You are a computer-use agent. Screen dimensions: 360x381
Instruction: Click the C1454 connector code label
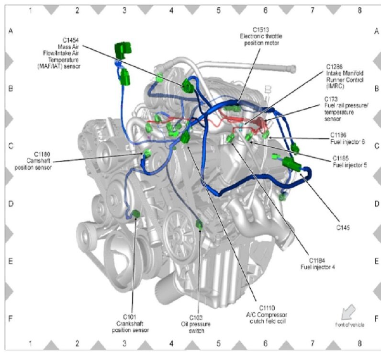[70, 40]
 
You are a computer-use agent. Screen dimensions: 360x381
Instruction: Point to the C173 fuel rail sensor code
[330, 99]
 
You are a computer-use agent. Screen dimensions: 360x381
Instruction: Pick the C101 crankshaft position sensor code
[130, 316]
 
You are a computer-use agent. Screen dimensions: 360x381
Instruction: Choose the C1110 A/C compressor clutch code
[267, 307]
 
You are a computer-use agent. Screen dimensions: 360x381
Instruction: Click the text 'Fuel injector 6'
[347, 142]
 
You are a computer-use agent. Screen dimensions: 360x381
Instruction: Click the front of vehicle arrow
[348, 312]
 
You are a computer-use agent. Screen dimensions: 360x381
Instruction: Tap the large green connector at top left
[123, 50]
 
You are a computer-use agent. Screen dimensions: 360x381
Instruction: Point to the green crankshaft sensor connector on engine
[136, 214]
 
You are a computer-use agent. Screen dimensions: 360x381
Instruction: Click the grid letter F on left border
[11, 318]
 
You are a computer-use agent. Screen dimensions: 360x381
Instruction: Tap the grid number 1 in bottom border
[30, 344]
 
